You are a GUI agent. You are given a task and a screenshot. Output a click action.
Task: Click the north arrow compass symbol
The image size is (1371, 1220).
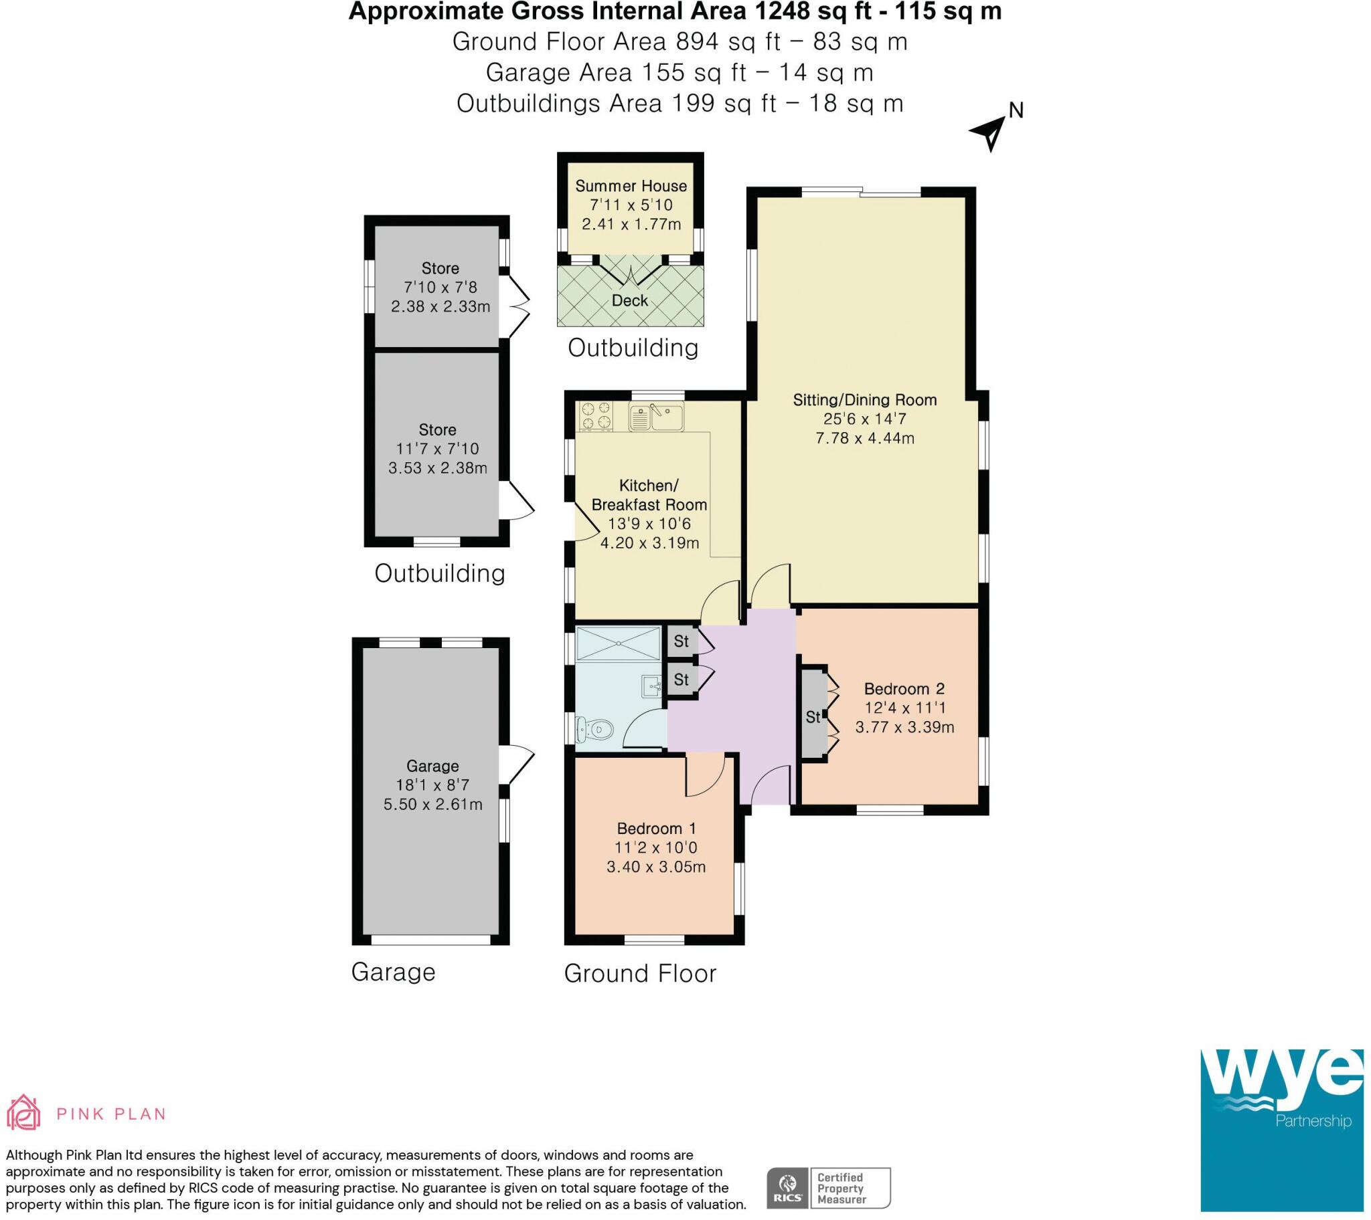tap(989, 132)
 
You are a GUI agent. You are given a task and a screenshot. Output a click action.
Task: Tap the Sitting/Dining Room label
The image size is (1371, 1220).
tap(864, 400)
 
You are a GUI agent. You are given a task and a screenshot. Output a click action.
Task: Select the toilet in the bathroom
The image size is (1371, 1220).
tap(595, 728)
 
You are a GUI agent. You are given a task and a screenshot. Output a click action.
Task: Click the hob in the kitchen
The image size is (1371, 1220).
tap(596, 415)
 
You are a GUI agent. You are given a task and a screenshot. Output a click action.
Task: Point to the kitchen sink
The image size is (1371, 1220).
tap(657, 417)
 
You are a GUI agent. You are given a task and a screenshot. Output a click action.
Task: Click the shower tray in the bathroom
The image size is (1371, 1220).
tap(618, 643)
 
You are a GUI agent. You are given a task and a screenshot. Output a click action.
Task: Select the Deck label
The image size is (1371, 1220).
tap(629, 301)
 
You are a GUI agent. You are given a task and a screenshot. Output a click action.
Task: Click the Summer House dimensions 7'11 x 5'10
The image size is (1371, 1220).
tap(631, 205)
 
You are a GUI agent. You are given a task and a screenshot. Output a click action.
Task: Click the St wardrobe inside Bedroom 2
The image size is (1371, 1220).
tap(812, 717)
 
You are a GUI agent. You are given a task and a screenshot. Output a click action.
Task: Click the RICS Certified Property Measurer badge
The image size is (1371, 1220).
tap(828, 1187)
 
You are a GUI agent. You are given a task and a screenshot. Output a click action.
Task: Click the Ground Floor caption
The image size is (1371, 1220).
tap(640, 973)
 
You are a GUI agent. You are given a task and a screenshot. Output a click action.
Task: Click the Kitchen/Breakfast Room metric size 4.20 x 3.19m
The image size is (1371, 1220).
tap(649, 543)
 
